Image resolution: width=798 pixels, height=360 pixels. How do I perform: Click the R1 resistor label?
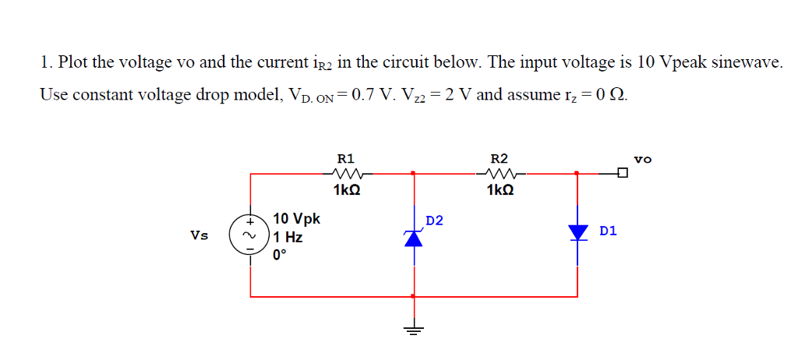click(344, 157)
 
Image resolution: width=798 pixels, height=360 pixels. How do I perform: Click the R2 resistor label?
click(498, 157)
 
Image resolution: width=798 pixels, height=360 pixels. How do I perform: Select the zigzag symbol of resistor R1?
click(344, 173)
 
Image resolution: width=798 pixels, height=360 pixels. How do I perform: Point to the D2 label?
click(434, 221)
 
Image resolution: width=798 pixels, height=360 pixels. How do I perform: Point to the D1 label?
click(609, 231)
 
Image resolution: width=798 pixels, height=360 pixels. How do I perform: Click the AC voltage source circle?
click(250, 235)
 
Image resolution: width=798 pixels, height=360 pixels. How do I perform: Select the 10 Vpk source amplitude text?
click(296, 219)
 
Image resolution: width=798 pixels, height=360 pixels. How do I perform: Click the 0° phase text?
click(280, 254)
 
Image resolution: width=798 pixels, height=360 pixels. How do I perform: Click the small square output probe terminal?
click(622, 173)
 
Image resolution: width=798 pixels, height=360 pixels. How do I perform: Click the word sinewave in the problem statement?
click(742, 63)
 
